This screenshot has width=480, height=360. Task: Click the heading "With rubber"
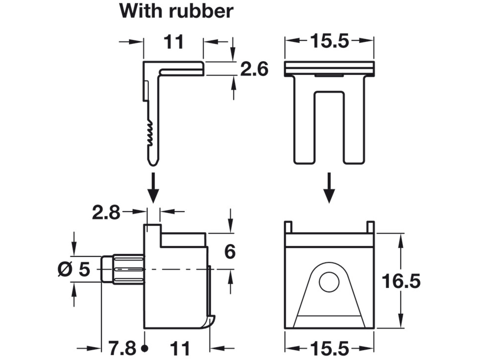pos(176,11)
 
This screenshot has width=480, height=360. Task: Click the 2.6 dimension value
pos(254,69)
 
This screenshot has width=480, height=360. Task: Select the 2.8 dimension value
pos(106,213)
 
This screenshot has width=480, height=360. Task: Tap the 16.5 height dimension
pos(401,281)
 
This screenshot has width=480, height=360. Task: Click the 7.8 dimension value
pos(122,348)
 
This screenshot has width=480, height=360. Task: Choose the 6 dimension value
pos(230,251)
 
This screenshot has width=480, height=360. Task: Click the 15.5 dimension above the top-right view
pos(329,41)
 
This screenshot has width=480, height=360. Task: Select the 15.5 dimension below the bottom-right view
pos(329,349)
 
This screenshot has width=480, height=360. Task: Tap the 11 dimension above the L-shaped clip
pos(174,42)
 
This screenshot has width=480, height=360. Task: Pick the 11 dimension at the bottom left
pos(180,349)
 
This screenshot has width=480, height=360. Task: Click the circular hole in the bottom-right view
pos(329,282)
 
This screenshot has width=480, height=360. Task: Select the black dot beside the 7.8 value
pos(145,348)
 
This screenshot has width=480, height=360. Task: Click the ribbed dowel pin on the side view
pos(125,269)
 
